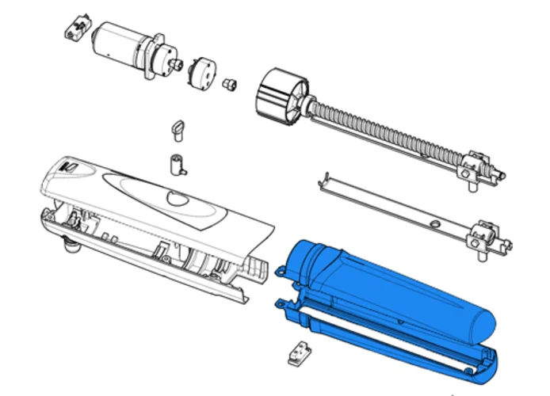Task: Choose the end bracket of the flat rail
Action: [483, 238]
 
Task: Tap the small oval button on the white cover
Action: [175, 197]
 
